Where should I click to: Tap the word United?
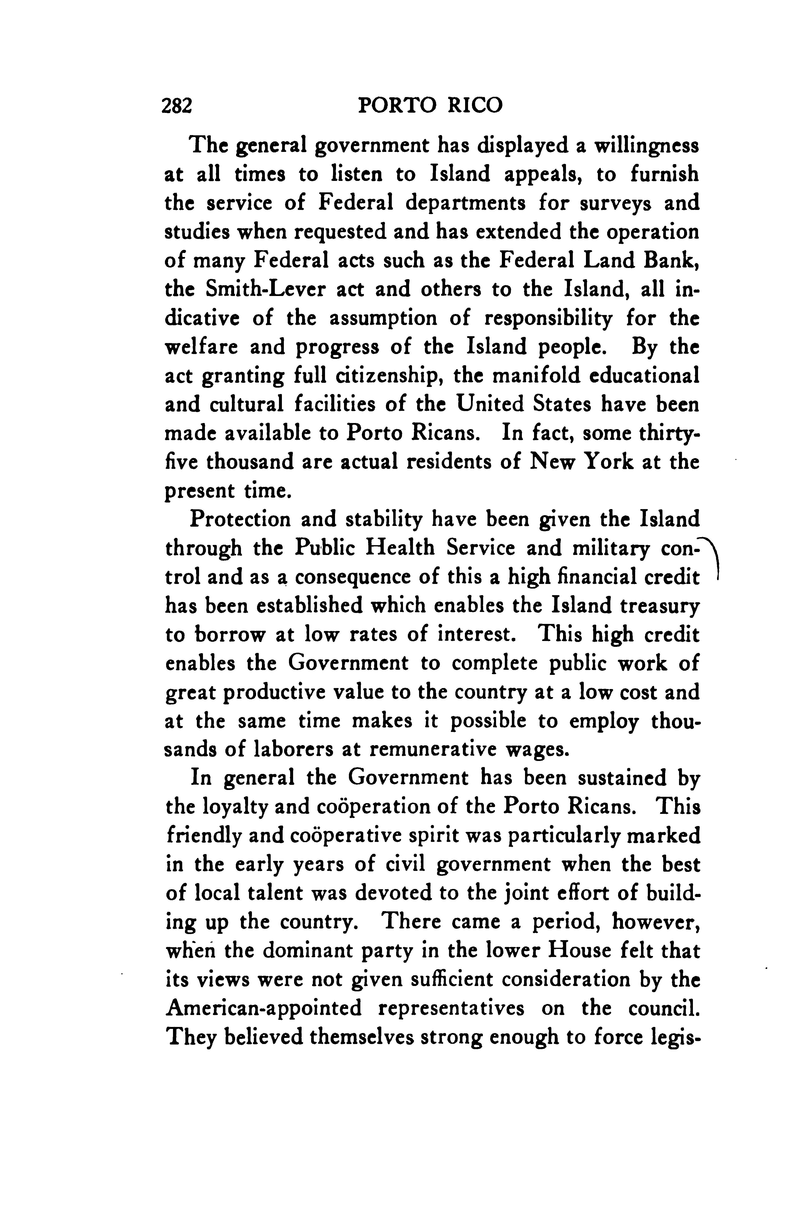pyautogui.click(x=490, y=404)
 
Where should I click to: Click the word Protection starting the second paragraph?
pyautogui.click(x=239, y=520)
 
